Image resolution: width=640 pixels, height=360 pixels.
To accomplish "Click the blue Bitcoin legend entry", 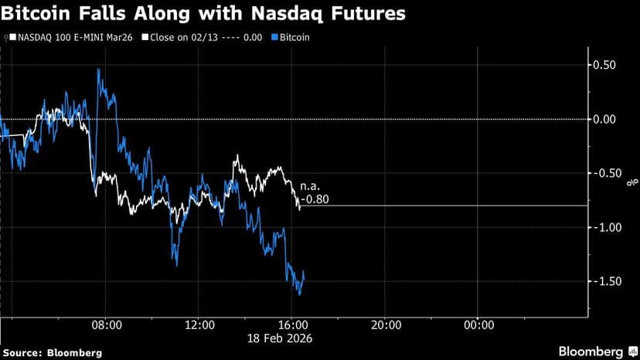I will point(291,37).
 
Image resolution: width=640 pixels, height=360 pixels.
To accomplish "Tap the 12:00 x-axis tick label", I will point(199,326).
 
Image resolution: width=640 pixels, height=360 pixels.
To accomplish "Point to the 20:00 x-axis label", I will point(386,326).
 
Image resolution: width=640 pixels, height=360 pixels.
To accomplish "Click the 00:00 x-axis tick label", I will point(478,326).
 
